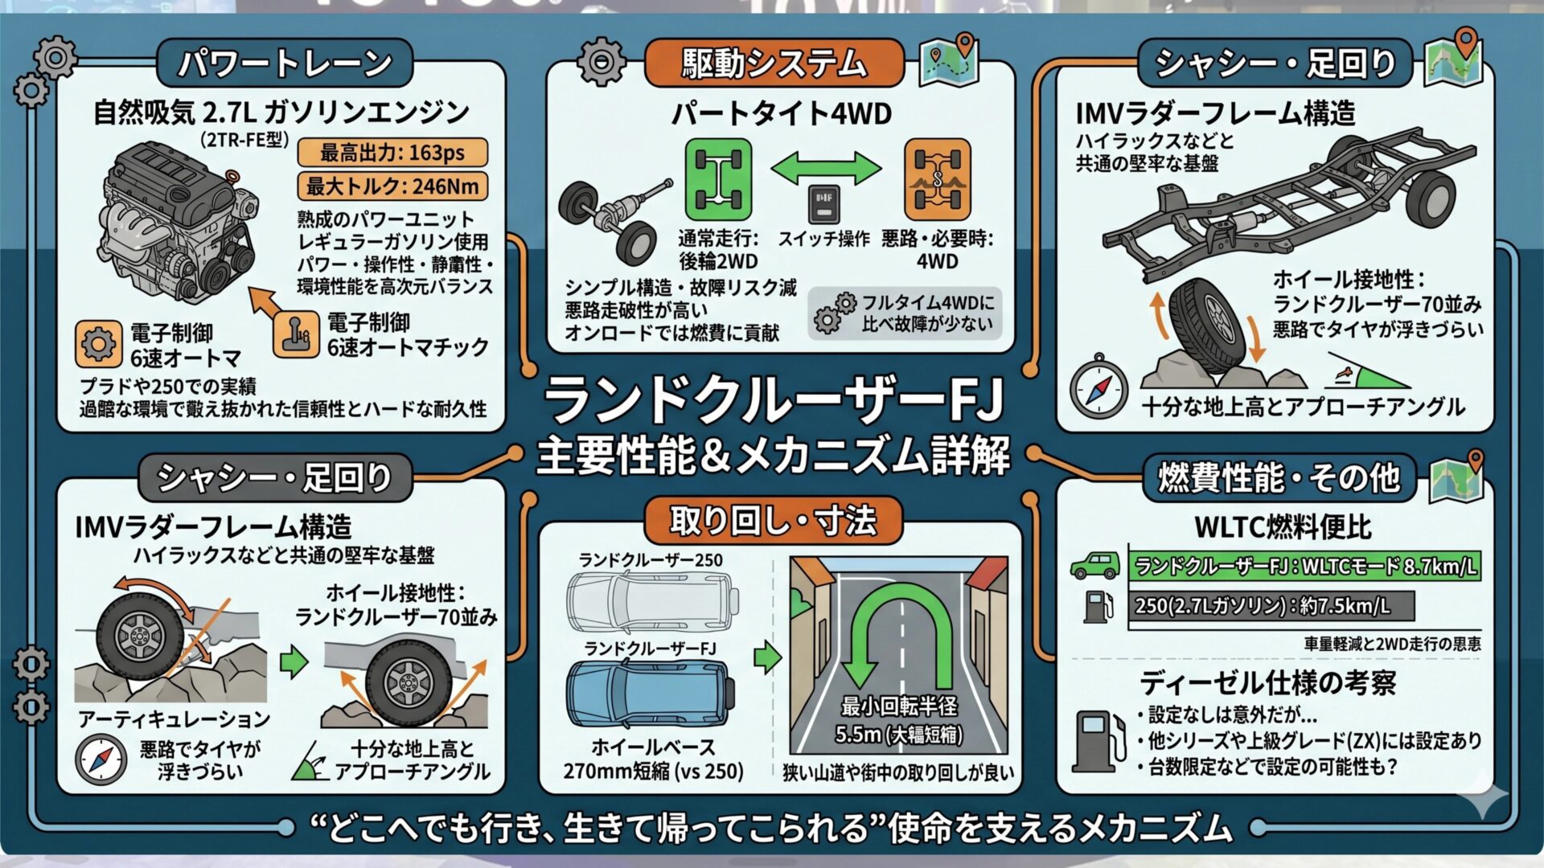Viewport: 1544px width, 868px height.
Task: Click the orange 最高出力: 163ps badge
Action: (x=392, y=152)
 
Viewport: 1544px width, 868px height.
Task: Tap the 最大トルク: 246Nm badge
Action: (x=392, y=186)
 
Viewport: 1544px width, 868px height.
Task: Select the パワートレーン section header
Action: (x=284, y=63)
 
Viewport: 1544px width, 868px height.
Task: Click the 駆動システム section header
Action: (x=774, y=63)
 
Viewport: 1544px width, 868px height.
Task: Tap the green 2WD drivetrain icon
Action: (x=718, y=178)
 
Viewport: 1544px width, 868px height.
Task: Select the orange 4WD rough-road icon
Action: (x=937, y=178)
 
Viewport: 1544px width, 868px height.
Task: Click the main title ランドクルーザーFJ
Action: (x=774, y=399)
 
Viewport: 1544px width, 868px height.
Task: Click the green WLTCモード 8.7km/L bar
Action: (x=1304, y=567)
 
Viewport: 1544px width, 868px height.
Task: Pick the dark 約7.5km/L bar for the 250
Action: (x=1271, y=604)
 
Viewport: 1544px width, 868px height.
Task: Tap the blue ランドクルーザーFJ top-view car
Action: (x=651, y=694)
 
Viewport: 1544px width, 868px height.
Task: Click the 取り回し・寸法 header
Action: (x=774, y=521)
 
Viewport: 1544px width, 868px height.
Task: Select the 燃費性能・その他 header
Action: (x=1279, y=477)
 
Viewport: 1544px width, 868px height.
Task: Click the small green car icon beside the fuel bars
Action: (x=1095, y=565)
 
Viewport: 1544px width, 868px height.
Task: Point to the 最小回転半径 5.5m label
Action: (x=899, y=720)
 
